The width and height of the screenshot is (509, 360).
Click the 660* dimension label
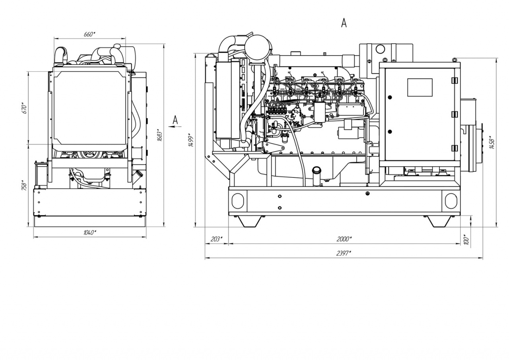[x=89, y=34]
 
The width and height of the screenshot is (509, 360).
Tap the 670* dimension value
[x=25, y=109]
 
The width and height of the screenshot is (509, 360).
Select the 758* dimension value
[x=24, y=185]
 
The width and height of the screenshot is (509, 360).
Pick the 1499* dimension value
[x=192, y=141]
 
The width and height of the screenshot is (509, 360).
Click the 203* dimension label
[x=217, y=239]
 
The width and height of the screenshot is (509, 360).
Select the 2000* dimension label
[x=344, y=239]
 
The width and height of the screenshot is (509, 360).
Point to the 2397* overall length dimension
[x=344, y=253]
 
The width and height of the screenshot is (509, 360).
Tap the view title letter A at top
[x=344, y=23]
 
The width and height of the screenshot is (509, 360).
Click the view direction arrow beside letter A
[x=175, y=125]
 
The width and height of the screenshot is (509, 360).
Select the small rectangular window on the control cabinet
[x=420, y=88]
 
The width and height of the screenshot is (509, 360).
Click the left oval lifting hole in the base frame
[x=238, y=201]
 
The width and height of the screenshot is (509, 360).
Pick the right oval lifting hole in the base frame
[x=451, y=201]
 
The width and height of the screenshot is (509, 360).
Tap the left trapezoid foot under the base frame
[x=249, y=221]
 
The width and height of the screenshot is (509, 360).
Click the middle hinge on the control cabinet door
[x=454, y=114]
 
